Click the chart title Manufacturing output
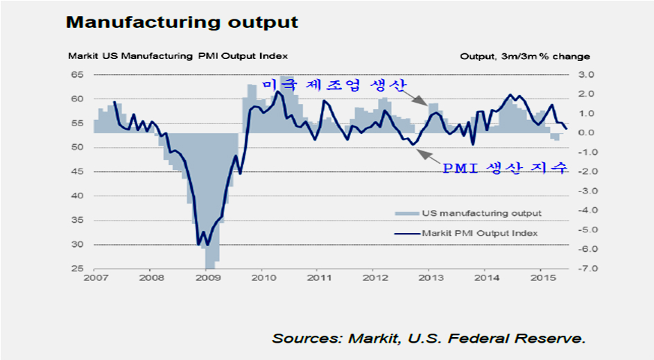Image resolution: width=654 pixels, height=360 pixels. [182, 22]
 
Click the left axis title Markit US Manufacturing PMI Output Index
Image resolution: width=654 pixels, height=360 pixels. [177, 56]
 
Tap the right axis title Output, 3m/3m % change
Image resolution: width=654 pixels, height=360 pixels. [525, 56]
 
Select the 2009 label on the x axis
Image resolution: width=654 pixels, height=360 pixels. [209, 279]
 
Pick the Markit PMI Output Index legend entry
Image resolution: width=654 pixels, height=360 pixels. [479, 233]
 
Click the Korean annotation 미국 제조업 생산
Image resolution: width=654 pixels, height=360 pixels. [335, 84]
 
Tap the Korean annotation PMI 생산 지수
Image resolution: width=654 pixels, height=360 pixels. [505, 168]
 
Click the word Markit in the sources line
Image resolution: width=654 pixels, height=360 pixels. [371, 338]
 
